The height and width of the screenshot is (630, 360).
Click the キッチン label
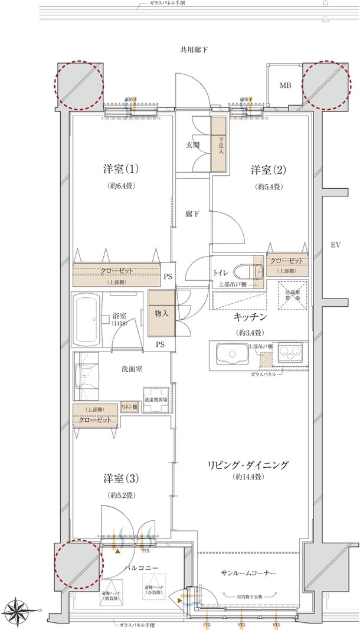coord(252,317)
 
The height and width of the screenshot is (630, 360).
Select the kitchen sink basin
coord(233,355)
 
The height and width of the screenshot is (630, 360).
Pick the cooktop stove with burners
coord(289,354)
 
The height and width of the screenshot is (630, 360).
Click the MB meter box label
coord(285,86)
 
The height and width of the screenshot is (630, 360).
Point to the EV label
coord(336,244)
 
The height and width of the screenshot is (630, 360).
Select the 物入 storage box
coord(162,314)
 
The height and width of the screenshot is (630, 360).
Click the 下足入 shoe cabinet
coord(219,145)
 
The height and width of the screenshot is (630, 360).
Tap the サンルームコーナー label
coord(248,573)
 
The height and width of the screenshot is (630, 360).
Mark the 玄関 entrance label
coord(194,146)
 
